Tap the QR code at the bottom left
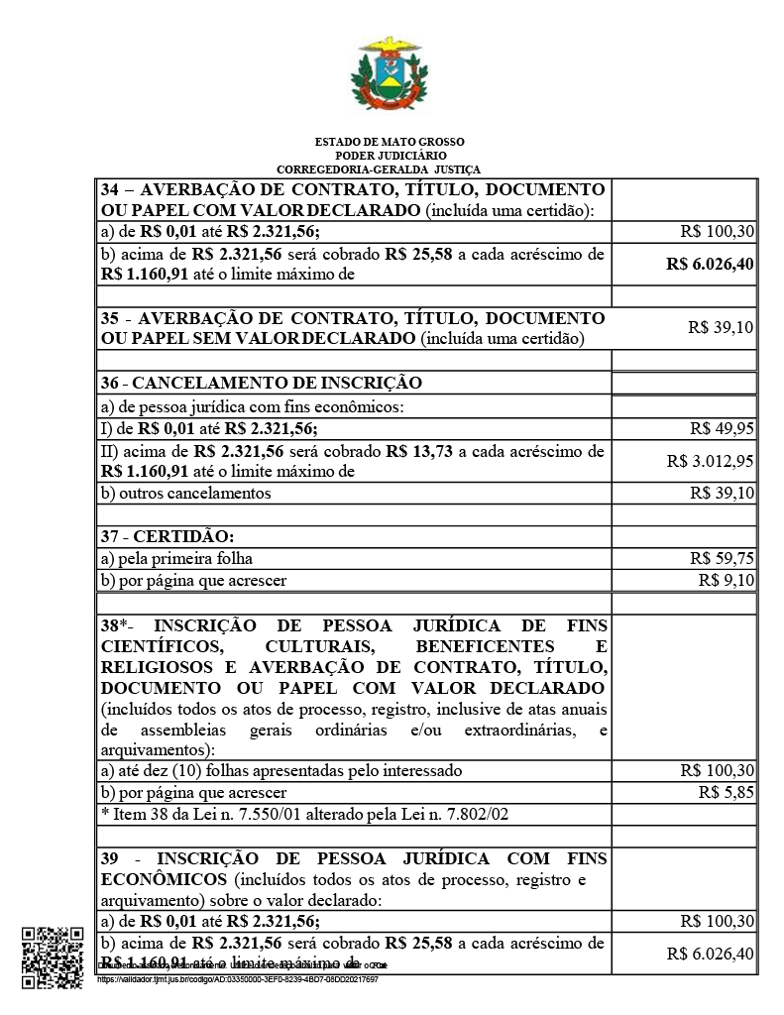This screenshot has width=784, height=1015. (52, 957)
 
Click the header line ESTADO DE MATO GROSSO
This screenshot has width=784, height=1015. (390, 142)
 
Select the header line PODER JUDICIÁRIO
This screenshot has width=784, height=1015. (390, 156)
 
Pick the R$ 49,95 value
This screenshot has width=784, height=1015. (723, 428)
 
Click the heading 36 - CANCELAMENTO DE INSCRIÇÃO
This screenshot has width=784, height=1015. (261, 383)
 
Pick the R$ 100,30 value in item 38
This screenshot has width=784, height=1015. (718, 770)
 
